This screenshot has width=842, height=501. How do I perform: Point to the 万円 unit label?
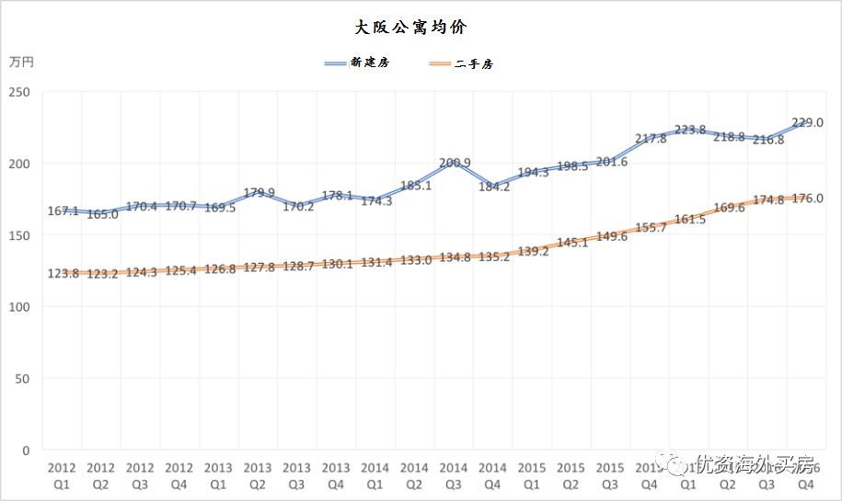point(21,63)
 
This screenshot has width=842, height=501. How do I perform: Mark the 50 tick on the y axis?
point(23,379)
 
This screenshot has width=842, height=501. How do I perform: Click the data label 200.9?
point(455,163)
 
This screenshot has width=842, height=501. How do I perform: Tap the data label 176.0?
point(807,198)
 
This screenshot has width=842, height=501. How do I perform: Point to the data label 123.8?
point(63,274)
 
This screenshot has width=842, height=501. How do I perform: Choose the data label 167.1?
point(63,211)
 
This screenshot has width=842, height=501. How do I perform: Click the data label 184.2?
point(493,187)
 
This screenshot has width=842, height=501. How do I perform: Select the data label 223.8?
point(689,130)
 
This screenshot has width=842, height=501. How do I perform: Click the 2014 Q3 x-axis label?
point(453,475)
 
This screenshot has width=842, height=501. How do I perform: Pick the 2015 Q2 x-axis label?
point(571,475)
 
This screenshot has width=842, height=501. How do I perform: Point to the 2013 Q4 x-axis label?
point(336,475)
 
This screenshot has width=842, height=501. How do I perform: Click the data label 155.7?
point(651,227)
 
